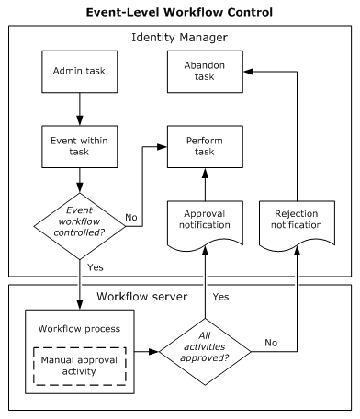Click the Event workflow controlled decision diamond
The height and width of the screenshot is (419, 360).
pos(79,225)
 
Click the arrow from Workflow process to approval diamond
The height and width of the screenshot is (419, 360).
pos(142,350)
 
